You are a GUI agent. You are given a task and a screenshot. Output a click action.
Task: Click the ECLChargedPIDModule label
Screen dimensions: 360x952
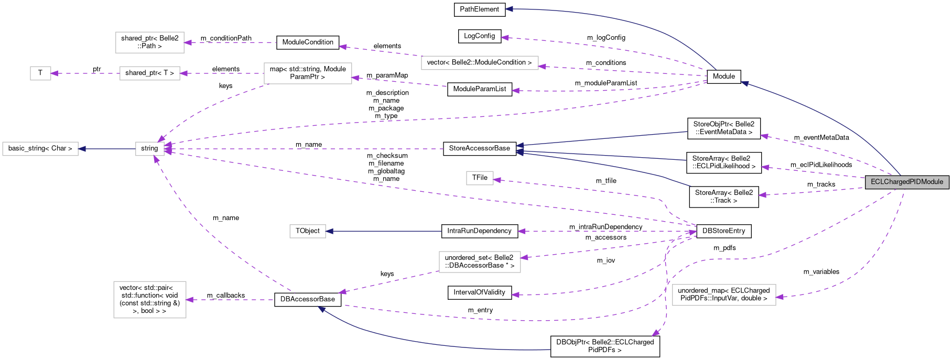(907, 182)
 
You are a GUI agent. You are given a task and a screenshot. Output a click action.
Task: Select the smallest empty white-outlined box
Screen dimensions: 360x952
(40, 73)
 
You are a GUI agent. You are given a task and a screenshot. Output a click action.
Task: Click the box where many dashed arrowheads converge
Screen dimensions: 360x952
(150, 149)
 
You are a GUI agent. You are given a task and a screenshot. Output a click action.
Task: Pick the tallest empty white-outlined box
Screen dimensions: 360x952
(150, 300)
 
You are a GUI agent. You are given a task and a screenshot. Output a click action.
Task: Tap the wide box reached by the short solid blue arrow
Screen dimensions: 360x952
(40, 149)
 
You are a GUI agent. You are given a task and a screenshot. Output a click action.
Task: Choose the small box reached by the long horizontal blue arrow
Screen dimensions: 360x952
(308, 231)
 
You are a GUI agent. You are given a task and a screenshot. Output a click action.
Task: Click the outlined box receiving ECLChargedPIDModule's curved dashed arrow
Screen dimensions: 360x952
(724, 295)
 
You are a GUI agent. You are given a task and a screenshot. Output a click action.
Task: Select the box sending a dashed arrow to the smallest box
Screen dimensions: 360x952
(150, 73)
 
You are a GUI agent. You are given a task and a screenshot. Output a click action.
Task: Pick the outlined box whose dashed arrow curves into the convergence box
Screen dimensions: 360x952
(308, 73)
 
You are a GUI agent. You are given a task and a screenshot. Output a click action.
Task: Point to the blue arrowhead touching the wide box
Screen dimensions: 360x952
(82, 149)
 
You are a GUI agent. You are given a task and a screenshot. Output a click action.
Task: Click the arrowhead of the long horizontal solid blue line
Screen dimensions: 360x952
(330, 231)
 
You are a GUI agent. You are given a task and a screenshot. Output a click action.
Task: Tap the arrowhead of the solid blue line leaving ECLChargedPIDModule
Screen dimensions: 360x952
(744, 83)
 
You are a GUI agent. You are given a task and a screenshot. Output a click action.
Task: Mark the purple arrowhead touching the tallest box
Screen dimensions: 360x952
(190, 300)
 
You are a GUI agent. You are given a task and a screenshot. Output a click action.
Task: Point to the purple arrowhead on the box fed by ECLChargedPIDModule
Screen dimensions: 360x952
(780, 297)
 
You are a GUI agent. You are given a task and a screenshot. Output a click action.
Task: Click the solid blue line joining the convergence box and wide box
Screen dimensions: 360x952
(107, 149)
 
